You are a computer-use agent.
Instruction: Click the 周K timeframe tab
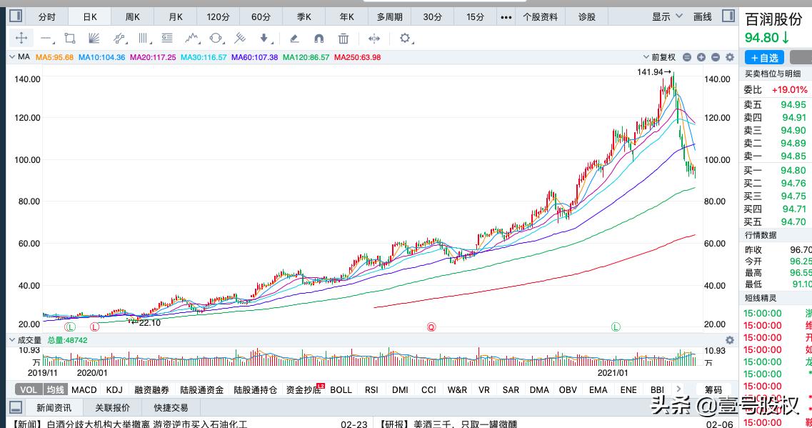[133, 16]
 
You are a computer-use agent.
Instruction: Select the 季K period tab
[304, 16]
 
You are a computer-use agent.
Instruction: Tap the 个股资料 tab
[541, 16]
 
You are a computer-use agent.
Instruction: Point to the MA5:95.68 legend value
[55, 57]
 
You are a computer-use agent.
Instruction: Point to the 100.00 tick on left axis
[27, 160]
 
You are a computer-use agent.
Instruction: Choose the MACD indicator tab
[84, 389]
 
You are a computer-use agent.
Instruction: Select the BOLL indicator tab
[341, 389]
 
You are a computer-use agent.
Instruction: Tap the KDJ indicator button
[114, 389]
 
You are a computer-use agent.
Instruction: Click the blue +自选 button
[764, 58]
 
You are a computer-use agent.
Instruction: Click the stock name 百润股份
[773, 19]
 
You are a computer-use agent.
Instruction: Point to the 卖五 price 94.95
[793, 105]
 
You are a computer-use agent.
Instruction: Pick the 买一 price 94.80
[793, 171]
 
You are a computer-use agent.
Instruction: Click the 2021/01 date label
[613, 372]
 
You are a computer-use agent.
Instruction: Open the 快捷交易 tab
[171, 407]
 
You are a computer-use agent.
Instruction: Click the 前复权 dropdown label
[663, 57]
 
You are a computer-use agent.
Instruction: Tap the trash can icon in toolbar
[344, 39]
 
